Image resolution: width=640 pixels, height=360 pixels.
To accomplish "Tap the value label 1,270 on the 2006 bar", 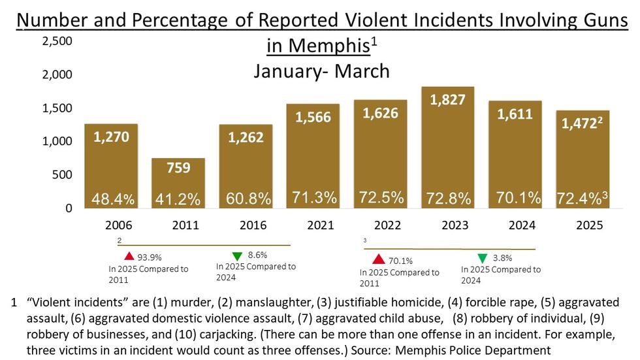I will point(110,137).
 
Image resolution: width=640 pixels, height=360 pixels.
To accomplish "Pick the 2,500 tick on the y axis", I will point(57,42).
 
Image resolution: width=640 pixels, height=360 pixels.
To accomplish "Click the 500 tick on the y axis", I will point(63,175).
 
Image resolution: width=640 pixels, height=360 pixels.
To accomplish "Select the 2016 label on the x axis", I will point(253,225).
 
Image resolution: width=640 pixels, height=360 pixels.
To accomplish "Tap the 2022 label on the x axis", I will point(388,225).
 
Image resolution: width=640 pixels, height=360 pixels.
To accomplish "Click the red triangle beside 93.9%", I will point(129,256).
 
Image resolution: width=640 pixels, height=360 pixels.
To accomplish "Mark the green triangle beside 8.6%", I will point(236,256).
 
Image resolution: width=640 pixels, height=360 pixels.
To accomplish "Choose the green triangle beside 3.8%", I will point(482,258).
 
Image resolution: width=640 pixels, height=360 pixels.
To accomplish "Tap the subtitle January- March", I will point(321,71).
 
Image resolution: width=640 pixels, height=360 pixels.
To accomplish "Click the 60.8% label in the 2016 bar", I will point(246,197).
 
